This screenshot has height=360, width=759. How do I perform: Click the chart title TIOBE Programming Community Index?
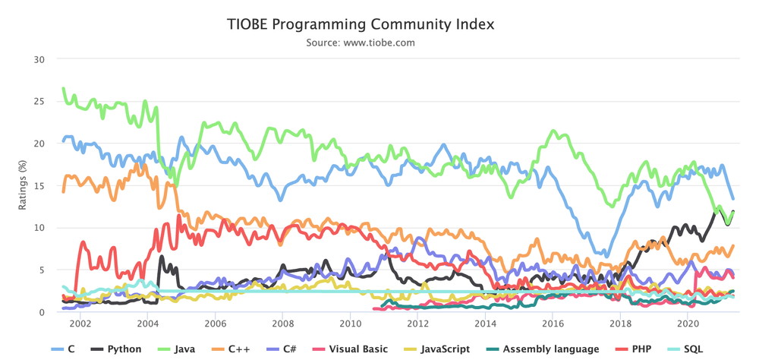click(361, 24)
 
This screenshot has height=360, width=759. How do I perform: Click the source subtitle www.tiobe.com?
click(379, 43)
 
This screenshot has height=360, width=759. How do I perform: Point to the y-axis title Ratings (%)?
click(23, 186)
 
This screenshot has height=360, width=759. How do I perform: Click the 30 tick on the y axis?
click(39, 59)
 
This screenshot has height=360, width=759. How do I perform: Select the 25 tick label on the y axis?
click(39, 102)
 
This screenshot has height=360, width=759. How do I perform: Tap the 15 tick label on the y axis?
click(39, 186)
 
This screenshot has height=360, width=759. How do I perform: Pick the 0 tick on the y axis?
click(42, 312)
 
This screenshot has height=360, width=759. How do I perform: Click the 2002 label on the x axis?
click(80, 324)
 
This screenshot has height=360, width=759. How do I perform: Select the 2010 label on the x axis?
click(350, 324)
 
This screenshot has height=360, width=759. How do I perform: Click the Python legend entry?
click(117, 349)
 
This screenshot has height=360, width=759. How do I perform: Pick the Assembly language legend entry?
click(542, 349)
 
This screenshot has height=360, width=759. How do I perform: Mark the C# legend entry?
click(282, 349)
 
